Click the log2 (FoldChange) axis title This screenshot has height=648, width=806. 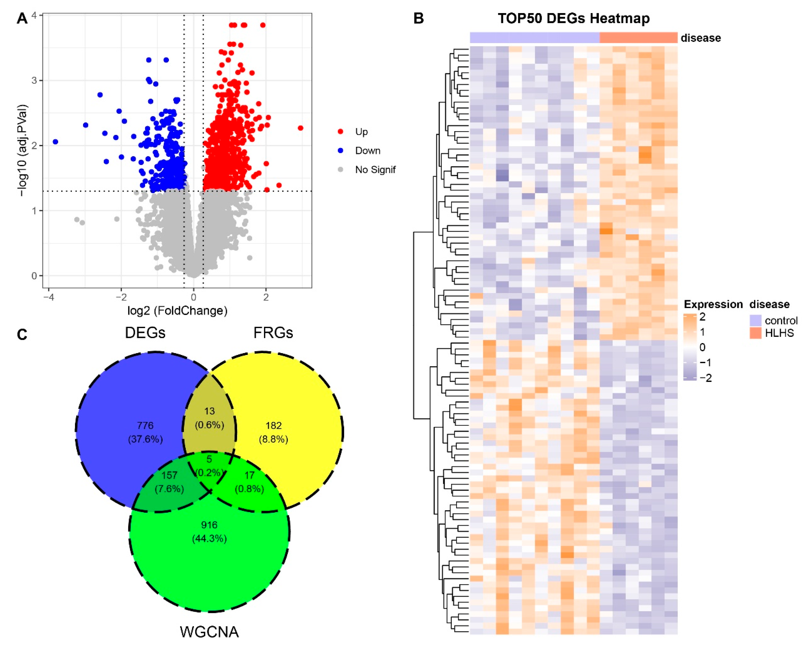[x=177, y=310]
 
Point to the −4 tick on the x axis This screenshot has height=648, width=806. [x=48, y=297]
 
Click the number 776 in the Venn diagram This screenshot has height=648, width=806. [x=145, y=426]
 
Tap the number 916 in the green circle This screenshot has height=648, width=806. [x=209, y=525]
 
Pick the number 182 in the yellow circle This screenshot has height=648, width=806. [x=273, y=426]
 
